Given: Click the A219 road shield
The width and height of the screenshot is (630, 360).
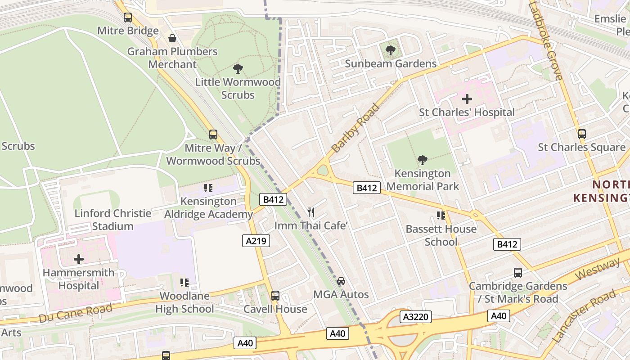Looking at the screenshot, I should [256, 241].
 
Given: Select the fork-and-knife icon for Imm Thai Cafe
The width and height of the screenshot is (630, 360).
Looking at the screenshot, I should [311, 212].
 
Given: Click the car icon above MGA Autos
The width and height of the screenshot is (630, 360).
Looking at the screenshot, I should [341, 282].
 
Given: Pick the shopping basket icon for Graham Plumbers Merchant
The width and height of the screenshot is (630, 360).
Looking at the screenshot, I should [172, 39].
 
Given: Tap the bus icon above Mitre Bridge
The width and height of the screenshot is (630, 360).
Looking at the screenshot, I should [128, 18].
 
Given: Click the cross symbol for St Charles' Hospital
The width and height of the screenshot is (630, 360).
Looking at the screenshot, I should [467, 99].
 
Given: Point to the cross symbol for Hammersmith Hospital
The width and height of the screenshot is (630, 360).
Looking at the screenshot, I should [79, 259].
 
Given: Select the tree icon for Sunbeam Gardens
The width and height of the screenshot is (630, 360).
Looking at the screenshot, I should [391, 50].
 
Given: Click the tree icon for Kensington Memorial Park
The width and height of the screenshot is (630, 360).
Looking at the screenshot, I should [422, 160].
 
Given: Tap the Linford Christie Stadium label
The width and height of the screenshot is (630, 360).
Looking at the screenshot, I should [112, 220].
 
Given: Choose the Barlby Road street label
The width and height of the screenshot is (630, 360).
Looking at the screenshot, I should [355, 128].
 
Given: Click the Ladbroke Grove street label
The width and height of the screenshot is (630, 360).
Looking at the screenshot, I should [546, 40].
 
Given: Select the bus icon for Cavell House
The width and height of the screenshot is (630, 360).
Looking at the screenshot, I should [275, 296].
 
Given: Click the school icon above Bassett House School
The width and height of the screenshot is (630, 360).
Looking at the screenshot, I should [441, 216].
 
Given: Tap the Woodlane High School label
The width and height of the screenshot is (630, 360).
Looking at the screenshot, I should [184, 302].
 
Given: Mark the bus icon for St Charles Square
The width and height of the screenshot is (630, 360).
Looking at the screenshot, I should [582, 134].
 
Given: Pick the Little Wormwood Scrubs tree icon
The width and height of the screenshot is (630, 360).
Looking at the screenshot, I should [238, 69].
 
